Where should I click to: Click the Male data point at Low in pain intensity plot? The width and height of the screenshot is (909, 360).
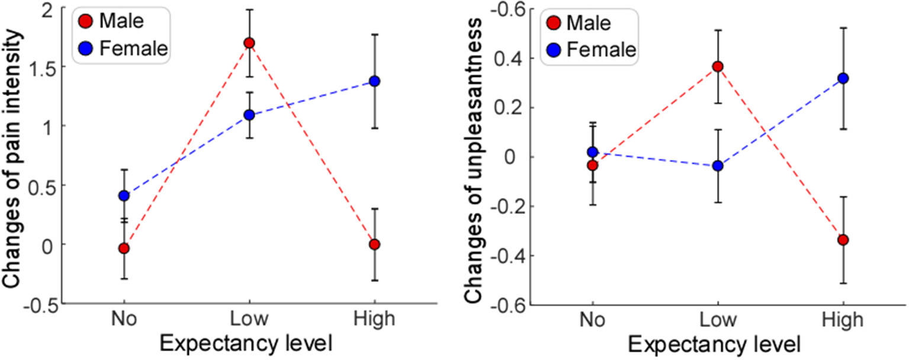[x=249, y=43]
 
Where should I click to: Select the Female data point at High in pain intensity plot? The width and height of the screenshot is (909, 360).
[x=374, y=81]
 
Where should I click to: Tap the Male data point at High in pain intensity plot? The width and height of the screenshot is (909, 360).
[x=374, y=245]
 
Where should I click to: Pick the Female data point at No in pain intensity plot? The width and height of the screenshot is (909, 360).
[x=124, y=196]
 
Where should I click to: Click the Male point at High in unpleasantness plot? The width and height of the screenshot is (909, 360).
[x=843, y=240]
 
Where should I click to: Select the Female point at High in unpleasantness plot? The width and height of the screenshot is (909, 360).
[x=843, y=78]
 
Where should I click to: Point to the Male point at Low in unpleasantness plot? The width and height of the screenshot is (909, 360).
[x=718, y=66]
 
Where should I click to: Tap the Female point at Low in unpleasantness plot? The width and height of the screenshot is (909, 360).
[x=718, y=166]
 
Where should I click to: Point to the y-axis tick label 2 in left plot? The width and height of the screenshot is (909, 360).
[x=52, y=9]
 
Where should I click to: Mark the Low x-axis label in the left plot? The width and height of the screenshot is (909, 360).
[x=249, y=320]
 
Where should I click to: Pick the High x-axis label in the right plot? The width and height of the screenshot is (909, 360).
[x=843, y=320]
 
